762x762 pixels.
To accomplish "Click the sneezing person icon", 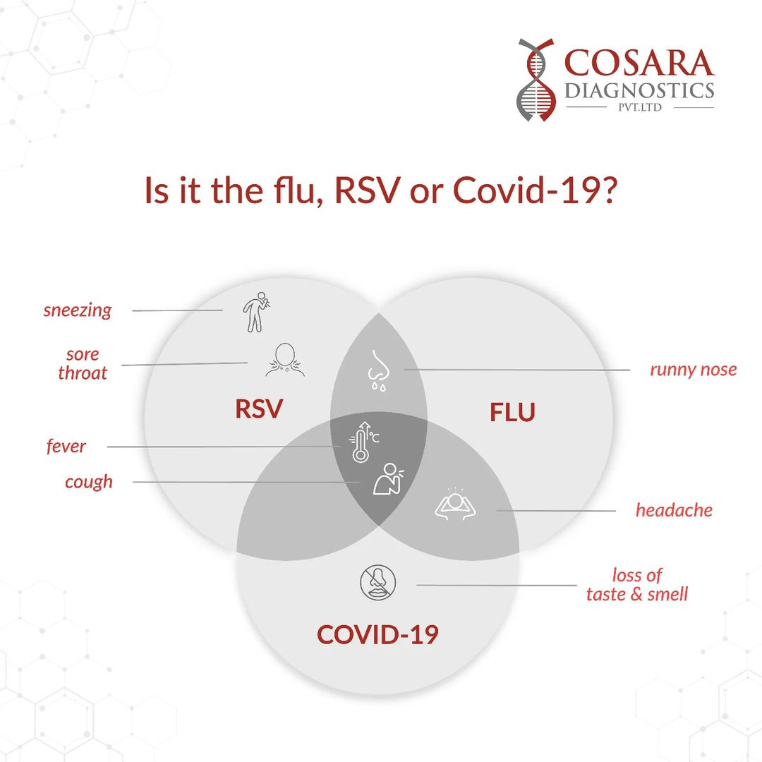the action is pyautogui.click(x=256, y=312).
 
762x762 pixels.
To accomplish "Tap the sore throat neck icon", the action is pyautogui.click(x=285, y=360).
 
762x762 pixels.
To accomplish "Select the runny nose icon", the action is pyautogui.click(x=379, y=370).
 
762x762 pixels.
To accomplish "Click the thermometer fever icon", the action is pyautogui.click(x=363, y=442).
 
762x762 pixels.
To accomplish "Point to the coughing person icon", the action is pyautogui.click(x=388, y=479).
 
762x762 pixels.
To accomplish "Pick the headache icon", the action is pyautogui.click(x=455, y=504).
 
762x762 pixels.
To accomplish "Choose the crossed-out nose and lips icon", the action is pyautogui.click(x=378, y=582).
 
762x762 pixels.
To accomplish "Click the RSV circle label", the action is pyautogui.click(x=258, y=409).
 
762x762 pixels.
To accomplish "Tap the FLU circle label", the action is pyautogui.click(x=512, y=412).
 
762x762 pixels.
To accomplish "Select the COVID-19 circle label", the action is pyautogui.click(x=377, y=635).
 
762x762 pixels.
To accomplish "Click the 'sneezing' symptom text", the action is pyautogui.click(x=78, y=310).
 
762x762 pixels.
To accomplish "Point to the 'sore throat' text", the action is pyautogui.click(x=83, y=363).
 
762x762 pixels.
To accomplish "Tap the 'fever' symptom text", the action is pyautogui.click(x=66, y=446).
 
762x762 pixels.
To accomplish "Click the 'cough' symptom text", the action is pyautogui.click(x=89, y=482).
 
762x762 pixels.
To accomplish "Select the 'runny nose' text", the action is pyautogui.click(x=694, y=370).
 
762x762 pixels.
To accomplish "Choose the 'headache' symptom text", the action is pyautogui.click(x=674, y=510).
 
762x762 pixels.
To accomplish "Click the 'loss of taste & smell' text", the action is pyautogui.click(x=637, y=585).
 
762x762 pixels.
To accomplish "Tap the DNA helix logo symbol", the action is pyautogui.click(x=536, y=80).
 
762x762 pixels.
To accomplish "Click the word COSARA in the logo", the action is pyautogui.click(x=639, y=63).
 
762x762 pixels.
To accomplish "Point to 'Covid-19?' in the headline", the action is pyautogui.click(x=535, y=190).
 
